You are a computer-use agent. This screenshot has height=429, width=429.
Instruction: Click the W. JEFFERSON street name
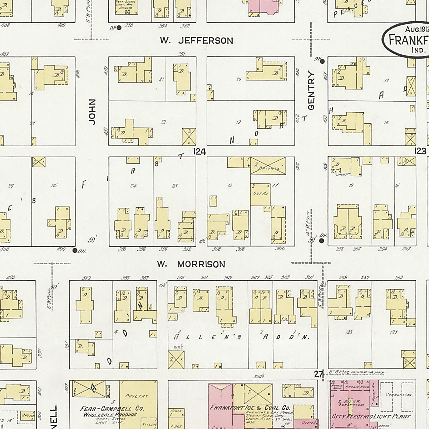click(196, 40)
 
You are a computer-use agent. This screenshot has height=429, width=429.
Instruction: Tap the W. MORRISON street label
click(191, 264)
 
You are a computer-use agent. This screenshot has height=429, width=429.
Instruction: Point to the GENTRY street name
click(311, 90)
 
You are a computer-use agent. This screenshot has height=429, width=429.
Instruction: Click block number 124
click(199, 152)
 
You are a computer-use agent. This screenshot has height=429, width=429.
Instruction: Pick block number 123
click(420, 151)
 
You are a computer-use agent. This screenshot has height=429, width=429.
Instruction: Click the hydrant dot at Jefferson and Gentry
click(322, 61)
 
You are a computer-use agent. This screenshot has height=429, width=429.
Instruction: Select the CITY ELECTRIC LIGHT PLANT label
click(371, 416)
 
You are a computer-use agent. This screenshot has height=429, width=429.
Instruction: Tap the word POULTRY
click(137, 396)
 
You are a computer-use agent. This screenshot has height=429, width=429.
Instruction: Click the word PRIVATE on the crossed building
click(269, 168)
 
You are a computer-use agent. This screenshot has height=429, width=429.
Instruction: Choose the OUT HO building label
click(260, 193)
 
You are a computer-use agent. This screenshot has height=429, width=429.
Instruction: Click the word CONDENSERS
click(399, 395)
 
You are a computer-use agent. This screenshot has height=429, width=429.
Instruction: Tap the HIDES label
click(177, 411)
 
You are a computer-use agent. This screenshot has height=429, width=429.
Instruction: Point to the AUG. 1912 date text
click(416, 29)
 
